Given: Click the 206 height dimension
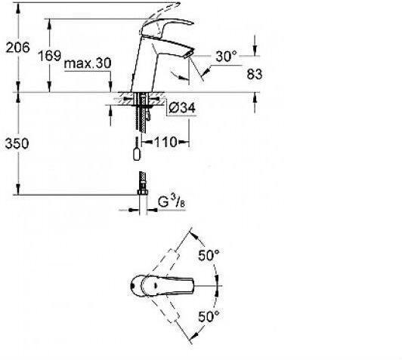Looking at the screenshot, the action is pyautogui.click(x=17, y=48).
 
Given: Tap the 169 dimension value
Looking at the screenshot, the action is pyautogui.click(x=49, y=56).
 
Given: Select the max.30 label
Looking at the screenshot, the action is pyautogui.click(x=88, y=63).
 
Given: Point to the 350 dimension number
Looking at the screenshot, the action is pyautogui.click(x=17, y=143).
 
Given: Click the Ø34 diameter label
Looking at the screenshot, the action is pyautogui.click(x=182, y=108).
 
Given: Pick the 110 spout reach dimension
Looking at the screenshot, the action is pyautogui.click(x=165, y=142).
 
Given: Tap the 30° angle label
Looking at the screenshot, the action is pyautogui.click(x=226, y=57).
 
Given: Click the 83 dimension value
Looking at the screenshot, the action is pyautogui.click(x=255, y=74).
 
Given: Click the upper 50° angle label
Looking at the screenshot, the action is pyautogui.click(x=209, y=255).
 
